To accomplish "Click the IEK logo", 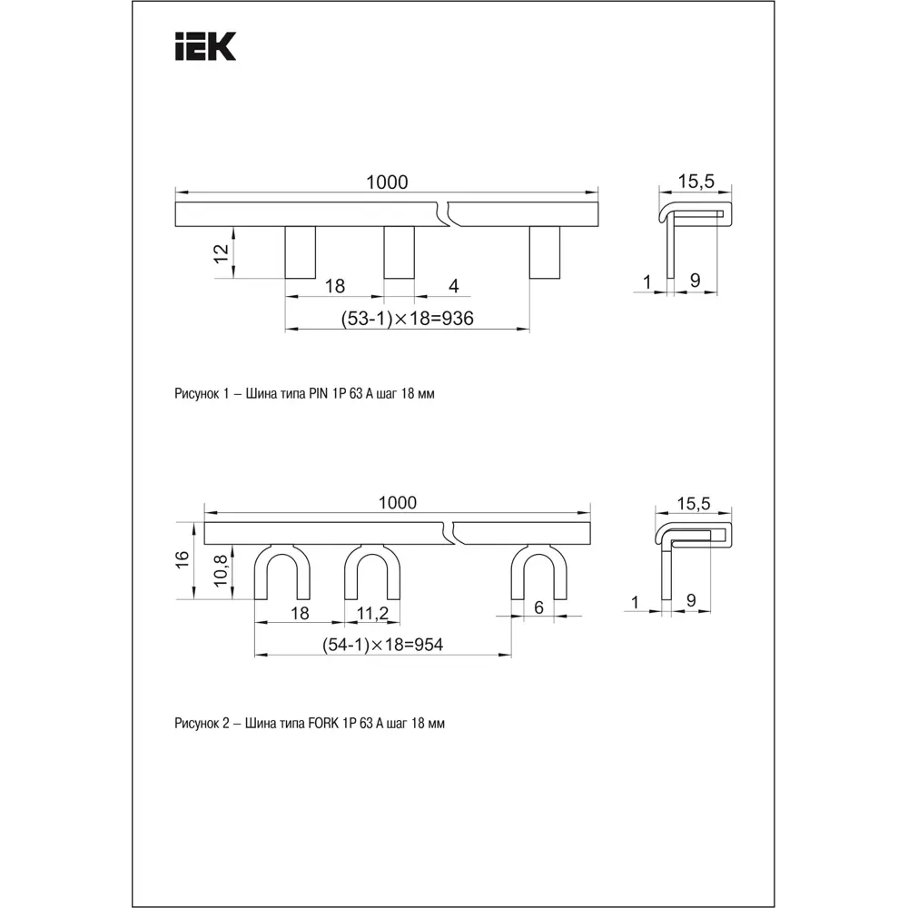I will click(204, 46).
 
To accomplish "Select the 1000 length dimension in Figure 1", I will click(387, 183).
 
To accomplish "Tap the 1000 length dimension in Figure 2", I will click(397, 503).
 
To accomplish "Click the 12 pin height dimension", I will click(221, 253).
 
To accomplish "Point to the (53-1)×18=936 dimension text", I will click(408, 318).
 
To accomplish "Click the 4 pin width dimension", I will click(454, 286).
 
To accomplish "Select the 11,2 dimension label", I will click(372, 613).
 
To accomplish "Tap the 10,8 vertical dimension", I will click(219, 572).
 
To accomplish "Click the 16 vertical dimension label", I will click(182, 560).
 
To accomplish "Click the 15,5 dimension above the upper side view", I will click(696, 182).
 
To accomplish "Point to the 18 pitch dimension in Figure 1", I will click(335, 286).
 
